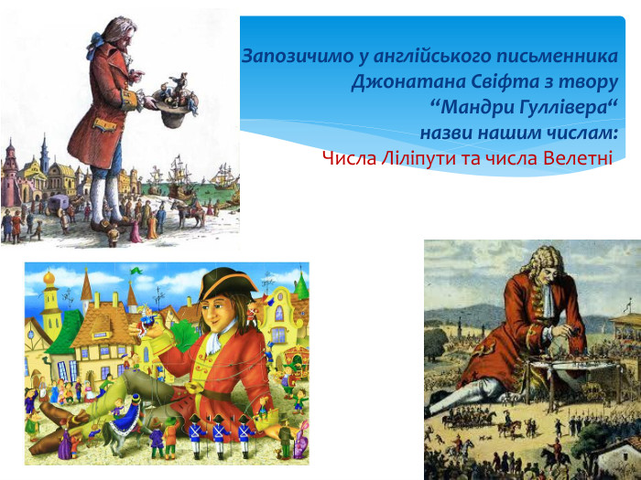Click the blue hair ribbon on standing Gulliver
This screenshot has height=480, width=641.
(94, 42)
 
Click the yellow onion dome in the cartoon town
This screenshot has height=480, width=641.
(49, 278)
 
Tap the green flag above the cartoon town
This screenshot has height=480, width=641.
(136, 271)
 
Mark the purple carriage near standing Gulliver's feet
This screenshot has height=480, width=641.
(57, 204)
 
